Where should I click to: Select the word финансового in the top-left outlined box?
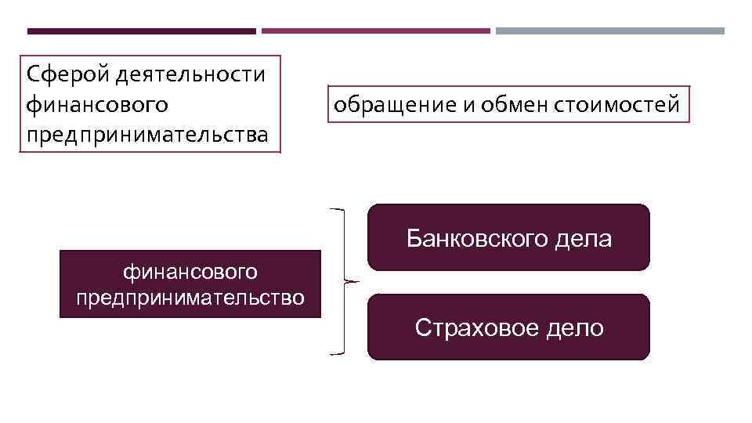click(97, 103)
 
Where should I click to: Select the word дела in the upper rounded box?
click(583, 238)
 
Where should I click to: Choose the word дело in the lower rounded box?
click(576, 327)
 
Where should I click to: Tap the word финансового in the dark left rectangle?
click(190, 272)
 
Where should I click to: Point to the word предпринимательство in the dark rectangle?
click(190, 298)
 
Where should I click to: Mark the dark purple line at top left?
click(141, 31)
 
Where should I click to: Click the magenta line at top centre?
click(375, 31)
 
